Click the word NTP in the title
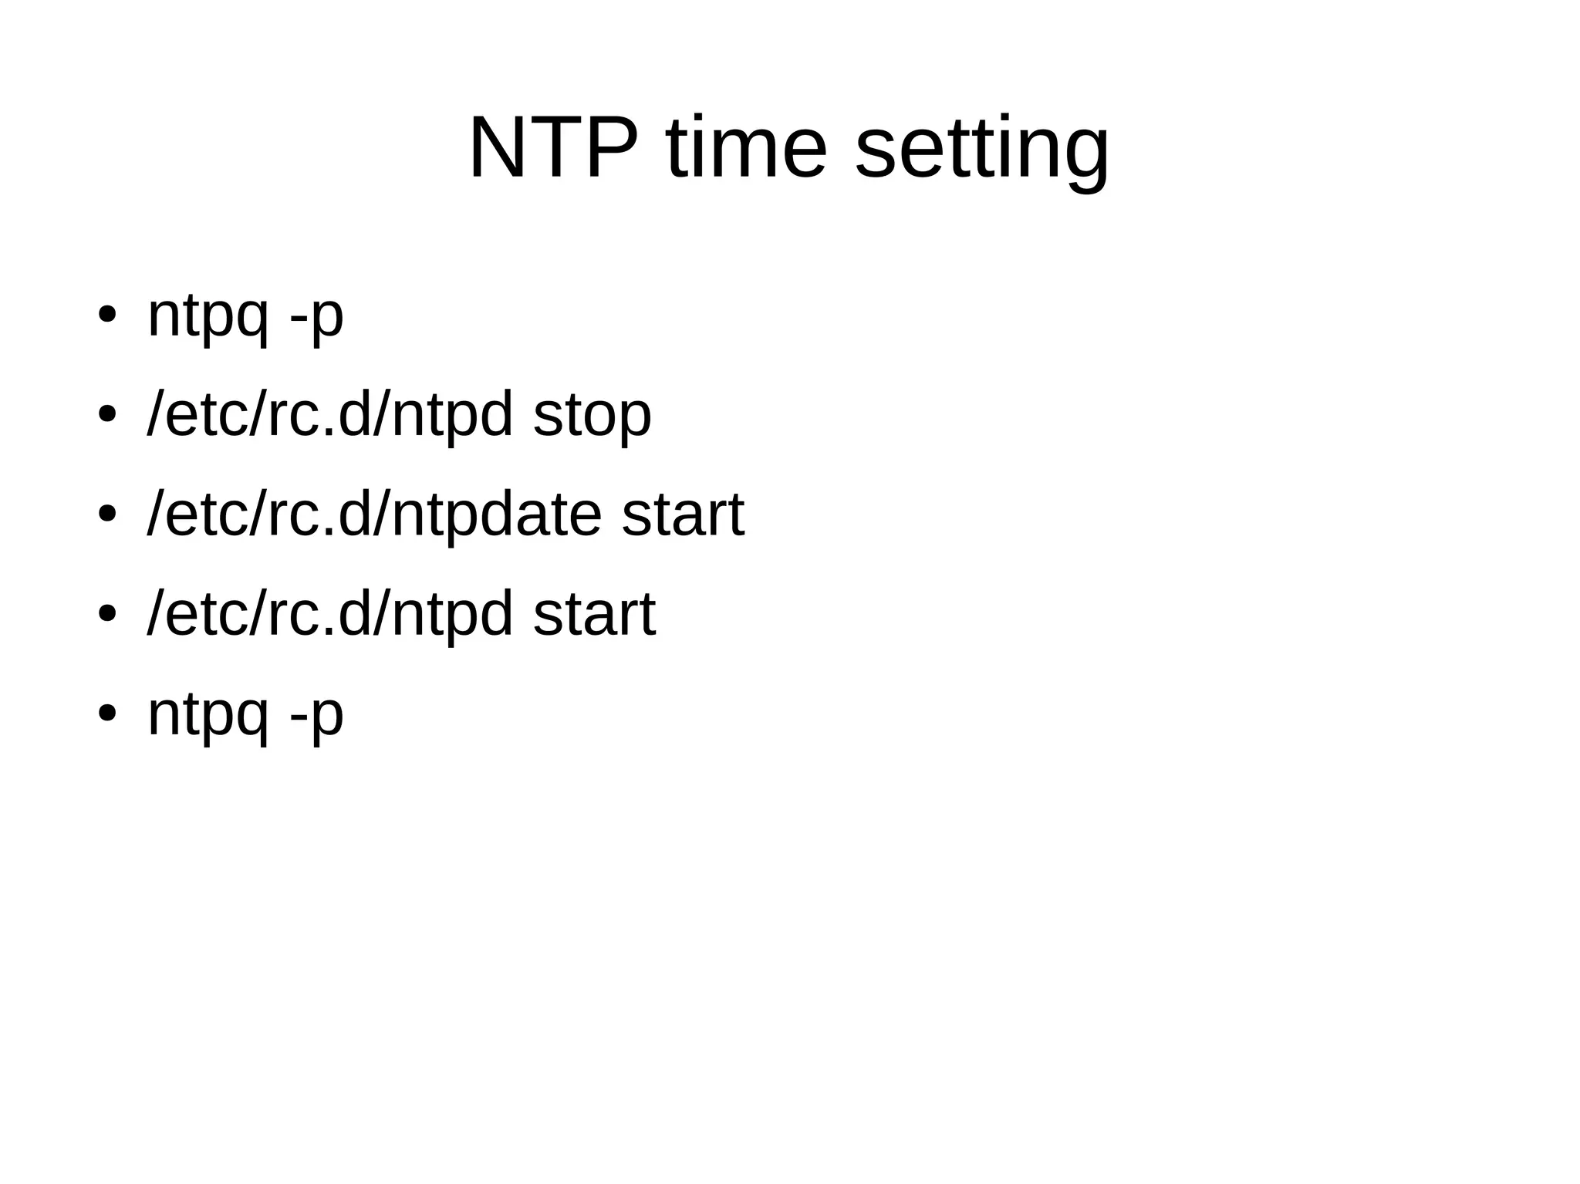pos(553,147)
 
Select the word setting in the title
pos(982,150)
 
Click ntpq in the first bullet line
pos(208,317)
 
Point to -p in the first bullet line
pos(316,317)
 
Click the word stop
pos(592,417)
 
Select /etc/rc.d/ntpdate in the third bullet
pos(374,515)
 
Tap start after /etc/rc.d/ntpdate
pos(683,515)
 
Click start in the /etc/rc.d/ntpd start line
pos(594,615)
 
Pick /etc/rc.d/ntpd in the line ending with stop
pos(329,417)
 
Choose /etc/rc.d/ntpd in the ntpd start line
pos(329,615)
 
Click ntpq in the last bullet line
pos(208,716)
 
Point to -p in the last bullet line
pos(316,716)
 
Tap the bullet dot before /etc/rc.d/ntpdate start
pos(106,514)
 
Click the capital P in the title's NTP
pos(612,147)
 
